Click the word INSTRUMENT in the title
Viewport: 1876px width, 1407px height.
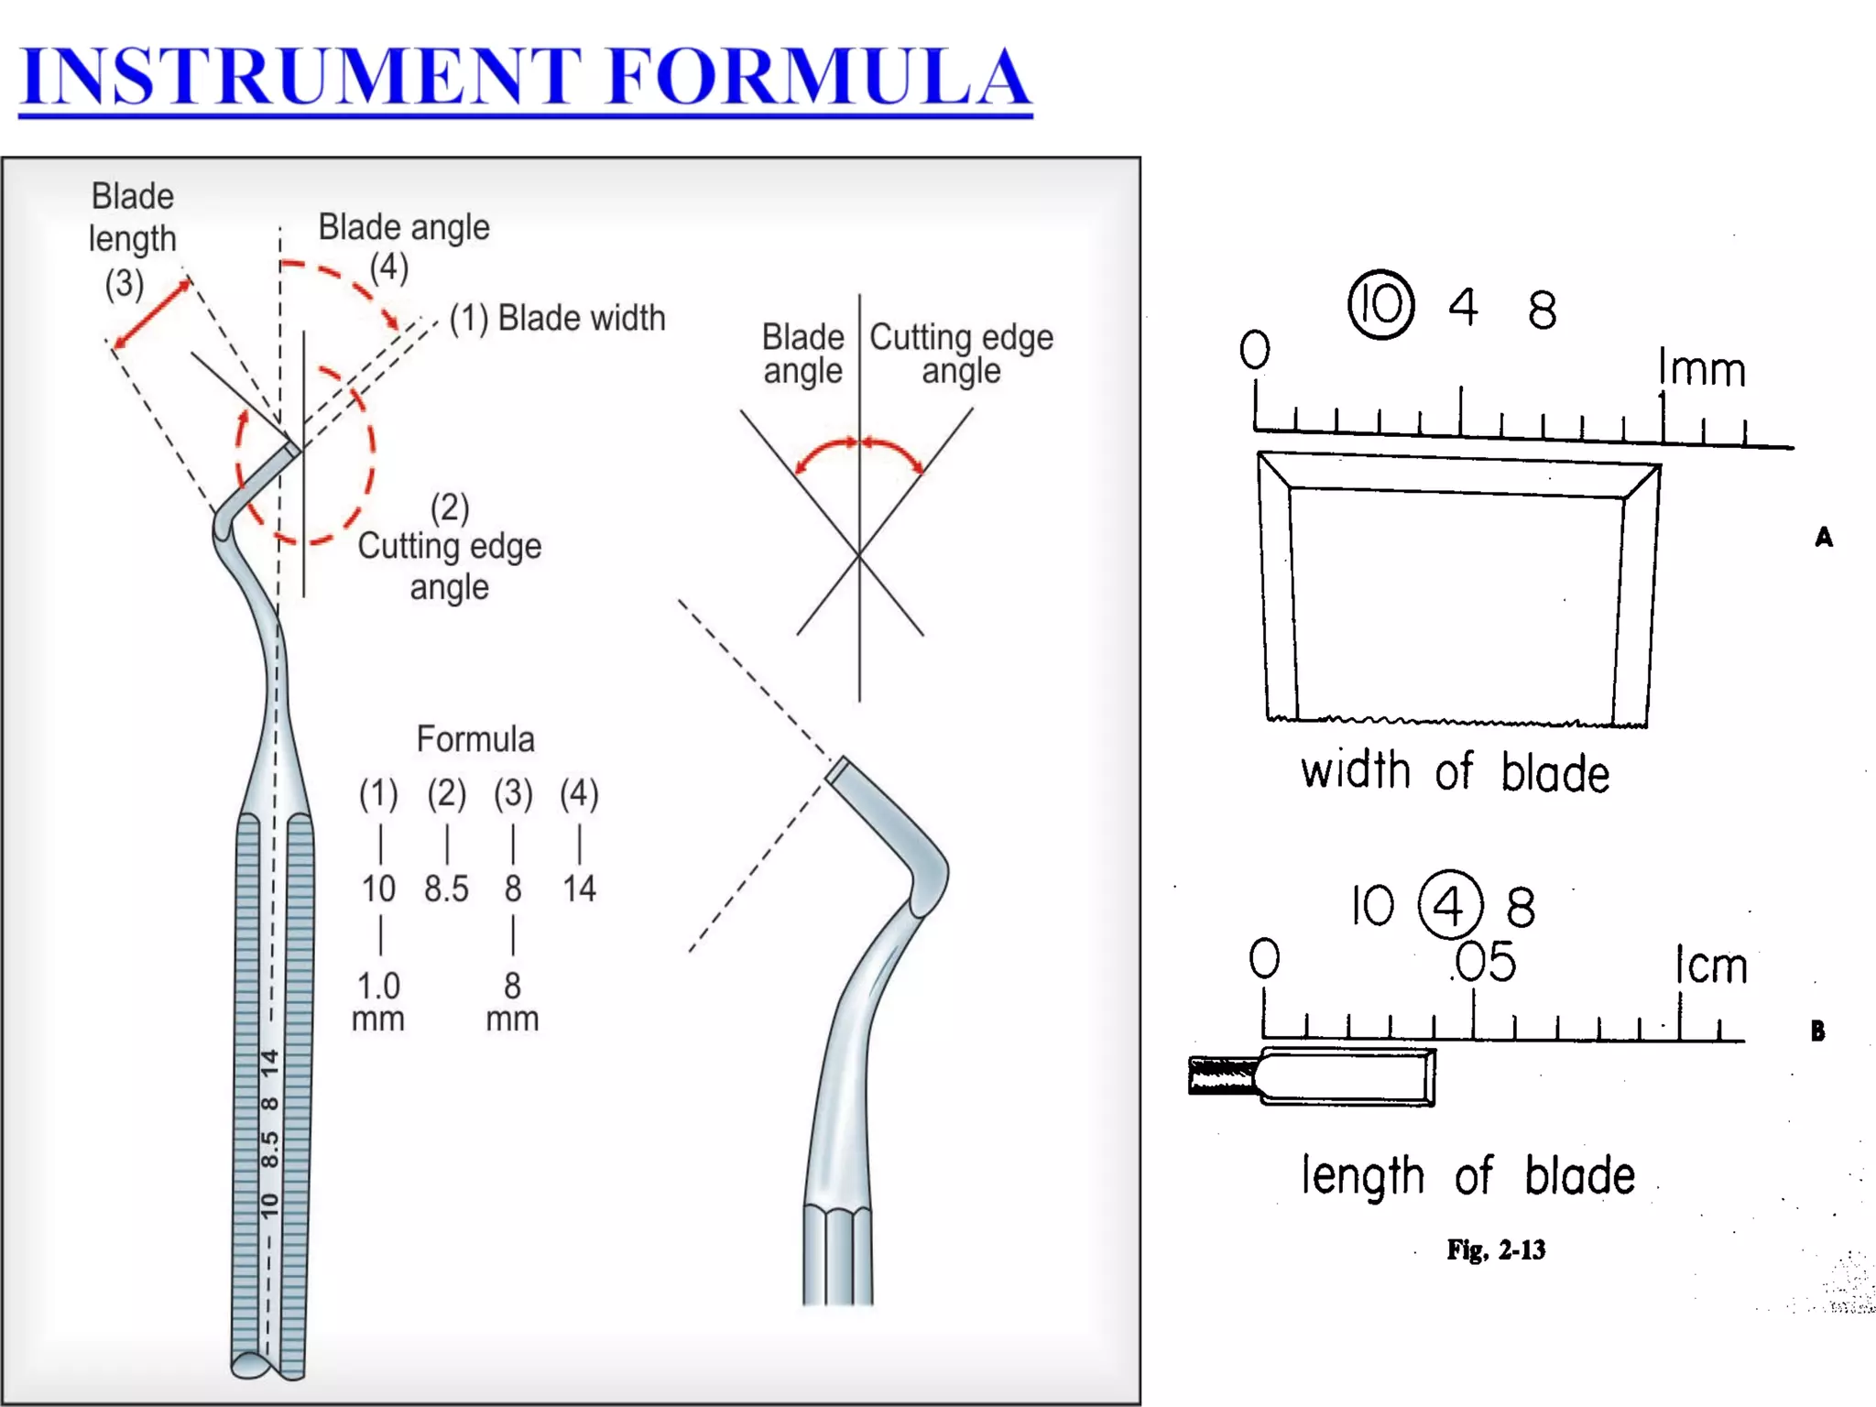click(302, 77)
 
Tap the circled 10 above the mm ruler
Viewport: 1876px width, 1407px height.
click(1380, 304)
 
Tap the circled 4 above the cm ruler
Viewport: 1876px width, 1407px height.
click(1449, 906)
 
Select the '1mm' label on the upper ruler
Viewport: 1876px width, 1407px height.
click(1701, 368)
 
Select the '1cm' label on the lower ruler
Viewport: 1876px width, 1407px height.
click(1711, 965)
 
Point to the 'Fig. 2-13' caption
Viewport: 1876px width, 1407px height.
click(1496, 1249)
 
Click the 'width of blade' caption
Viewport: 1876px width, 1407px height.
click(1455, 771)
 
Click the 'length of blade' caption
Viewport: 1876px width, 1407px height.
click(1467, 1175)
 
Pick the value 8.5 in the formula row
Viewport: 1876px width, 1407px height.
click(446, 889)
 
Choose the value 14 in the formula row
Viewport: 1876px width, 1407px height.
click(579, 889)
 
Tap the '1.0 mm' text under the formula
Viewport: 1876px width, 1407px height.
click(378, 1001)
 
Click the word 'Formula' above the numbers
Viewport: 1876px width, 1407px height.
click(475, 739)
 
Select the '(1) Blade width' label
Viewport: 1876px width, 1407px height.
click(558, 318)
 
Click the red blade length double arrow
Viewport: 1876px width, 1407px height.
click(152, 313)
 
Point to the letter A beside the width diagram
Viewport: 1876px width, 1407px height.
click(1823, 537)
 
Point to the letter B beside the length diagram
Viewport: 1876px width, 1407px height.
click(1817, 1031)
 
